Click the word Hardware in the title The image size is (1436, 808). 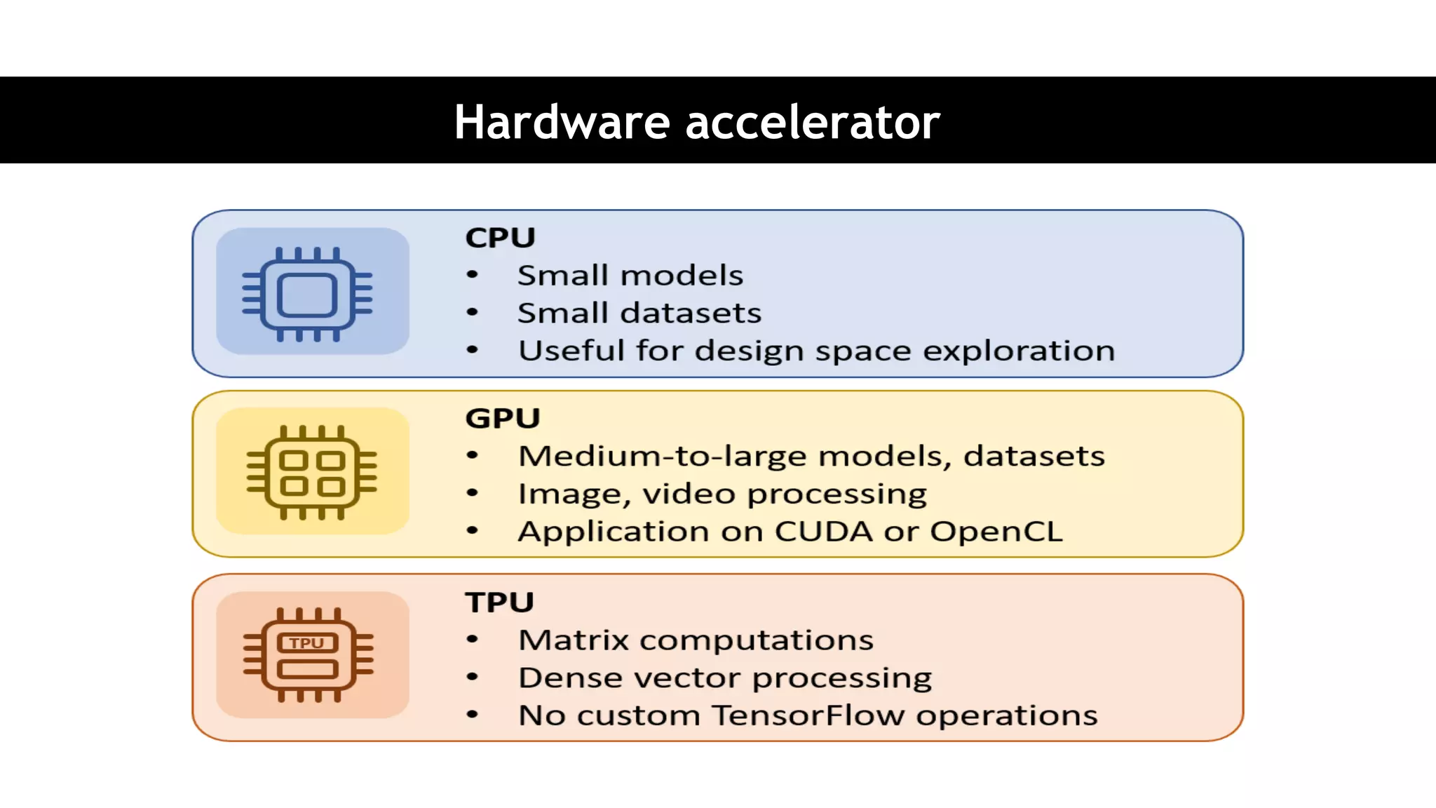coord(562,122)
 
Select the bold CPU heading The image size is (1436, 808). coord(500,238)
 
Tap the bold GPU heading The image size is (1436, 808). coord(503,418)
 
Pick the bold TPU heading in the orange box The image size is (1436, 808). coord(499,602)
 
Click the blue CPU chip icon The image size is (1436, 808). coord(308,294)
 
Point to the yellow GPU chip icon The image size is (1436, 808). coord(312,472)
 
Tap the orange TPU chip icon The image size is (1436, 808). coord(309,655)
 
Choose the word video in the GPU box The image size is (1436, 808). coord(689,494)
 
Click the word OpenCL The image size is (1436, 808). coord(996,531)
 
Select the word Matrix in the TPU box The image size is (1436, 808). coord(574,640)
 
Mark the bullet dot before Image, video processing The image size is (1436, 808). coord(473,494)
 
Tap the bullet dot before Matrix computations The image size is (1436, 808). coord(473,640)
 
